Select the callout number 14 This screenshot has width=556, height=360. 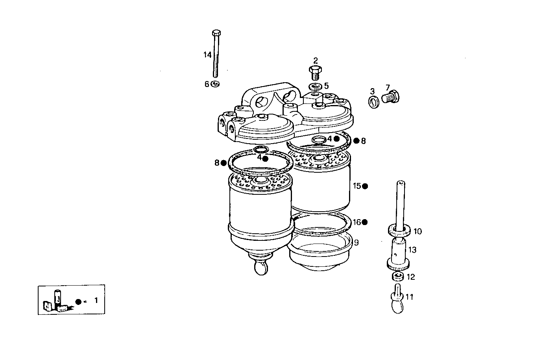pos(207,55)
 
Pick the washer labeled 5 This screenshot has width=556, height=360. pos(315,86)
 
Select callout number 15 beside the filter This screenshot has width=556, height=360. pos(357,186)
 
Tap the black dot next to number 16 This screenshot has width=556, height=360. pos(365,222)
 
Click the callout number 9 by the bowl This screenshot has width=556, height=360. pos(356,243)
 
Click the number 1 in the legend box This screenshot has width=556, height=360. pos(96,301)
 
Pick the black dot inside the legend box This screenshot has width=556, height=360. pos(78,301)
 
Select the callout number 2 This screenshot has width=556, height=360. pos(316,60)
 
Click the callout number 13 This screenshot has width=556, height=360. pos(412,250)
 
